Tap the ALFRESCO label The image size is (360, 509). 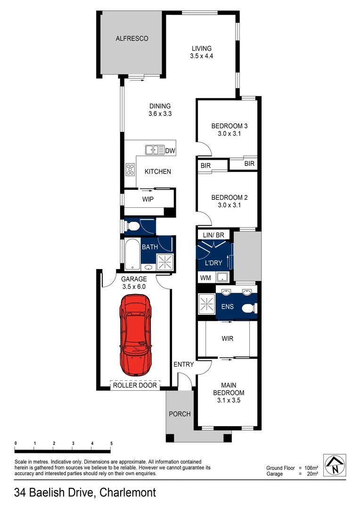[x=132, y=39]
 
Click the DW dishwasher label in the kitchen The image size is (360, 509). [x=170, y=151]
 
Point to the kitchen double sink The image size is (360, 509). [x=155, y=150]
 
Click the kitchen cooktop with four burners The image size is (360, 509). [x=130, y=169]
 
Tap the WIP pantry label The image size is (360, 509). [x=148, y=199]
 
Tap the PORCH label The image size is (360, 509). [x=180, y=414]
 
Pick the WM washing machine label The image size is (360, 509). [x=205, y=278]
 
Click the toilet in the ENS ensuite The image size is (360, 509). [x=248, y=308]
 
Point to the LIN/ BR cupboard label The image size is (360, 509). [x=216, y=235]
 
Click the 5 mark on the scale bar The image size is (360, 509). [x=111, y=443]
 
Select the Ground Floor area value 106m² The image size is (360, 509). [x=309, y=468]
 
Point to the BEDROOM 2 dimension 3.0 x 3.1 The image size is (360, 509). [x=227, y=205]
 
